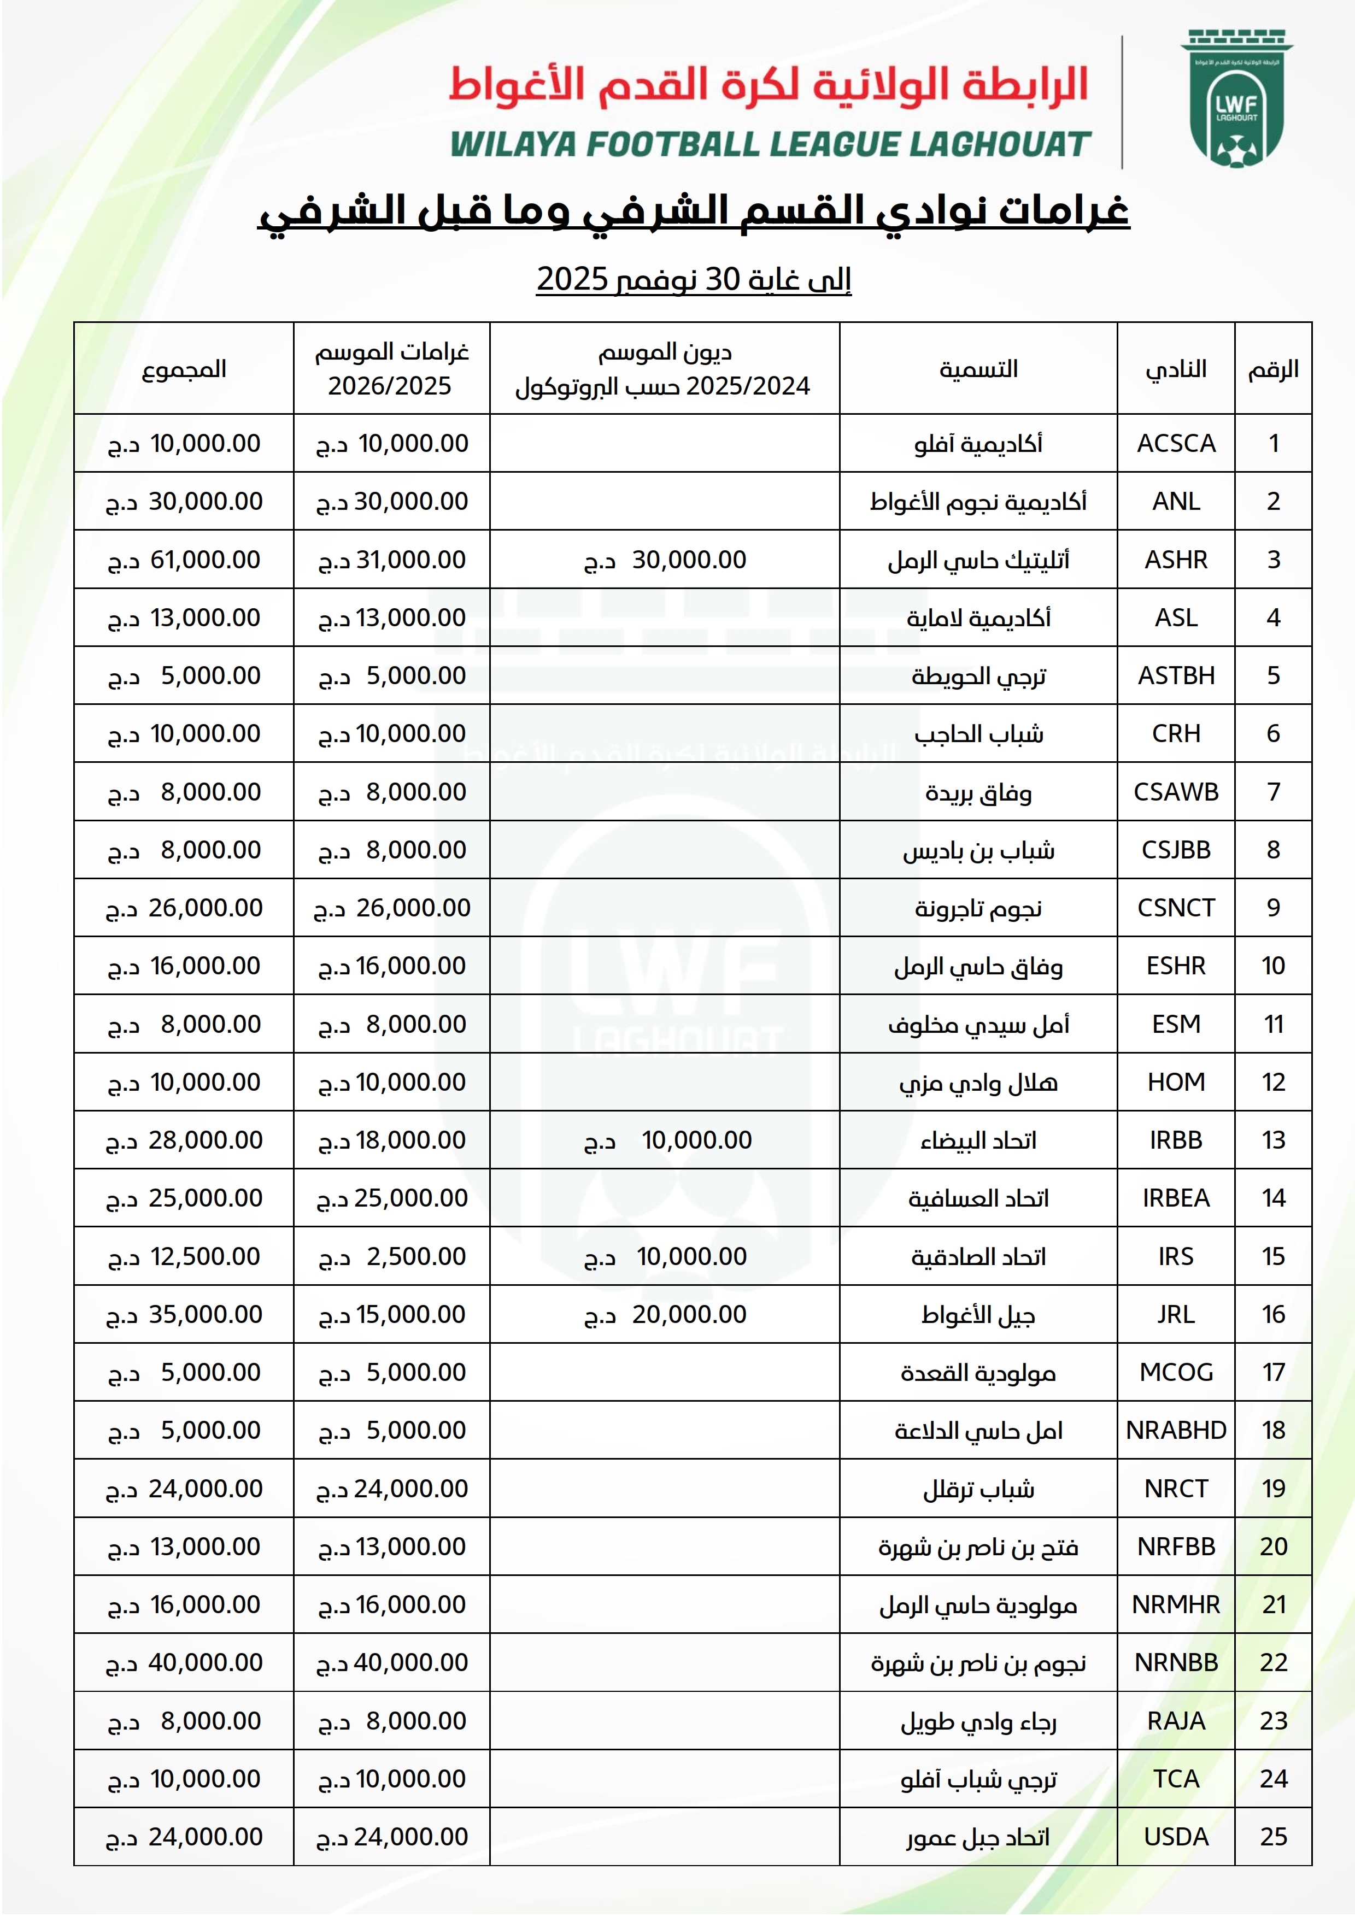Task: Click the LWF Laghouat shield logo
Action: (1236, 99)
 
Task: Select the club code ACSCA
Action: (1176, 443)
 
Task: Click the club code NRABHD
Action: (1176, 1430)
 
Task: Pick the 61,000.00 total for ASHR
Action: (204, 560)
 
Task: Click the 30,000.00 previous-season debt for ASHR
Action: (689, 560)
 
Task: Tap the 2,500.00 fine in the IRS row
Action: (416, 1256)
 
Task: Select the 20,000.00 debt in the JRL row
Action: (689, 1314)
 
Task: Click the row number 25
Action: (1273, 1836)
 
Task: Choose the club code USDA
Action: (1176, 1836)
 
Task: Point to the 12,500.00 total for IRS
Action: (204, 1256)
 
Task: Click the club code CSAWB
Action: (1176, 791)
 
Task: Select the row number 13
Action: (1273, 1140)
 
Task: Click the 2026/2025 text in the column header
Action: (389, 386)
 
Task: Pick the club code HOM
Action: (1176, 1082)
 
